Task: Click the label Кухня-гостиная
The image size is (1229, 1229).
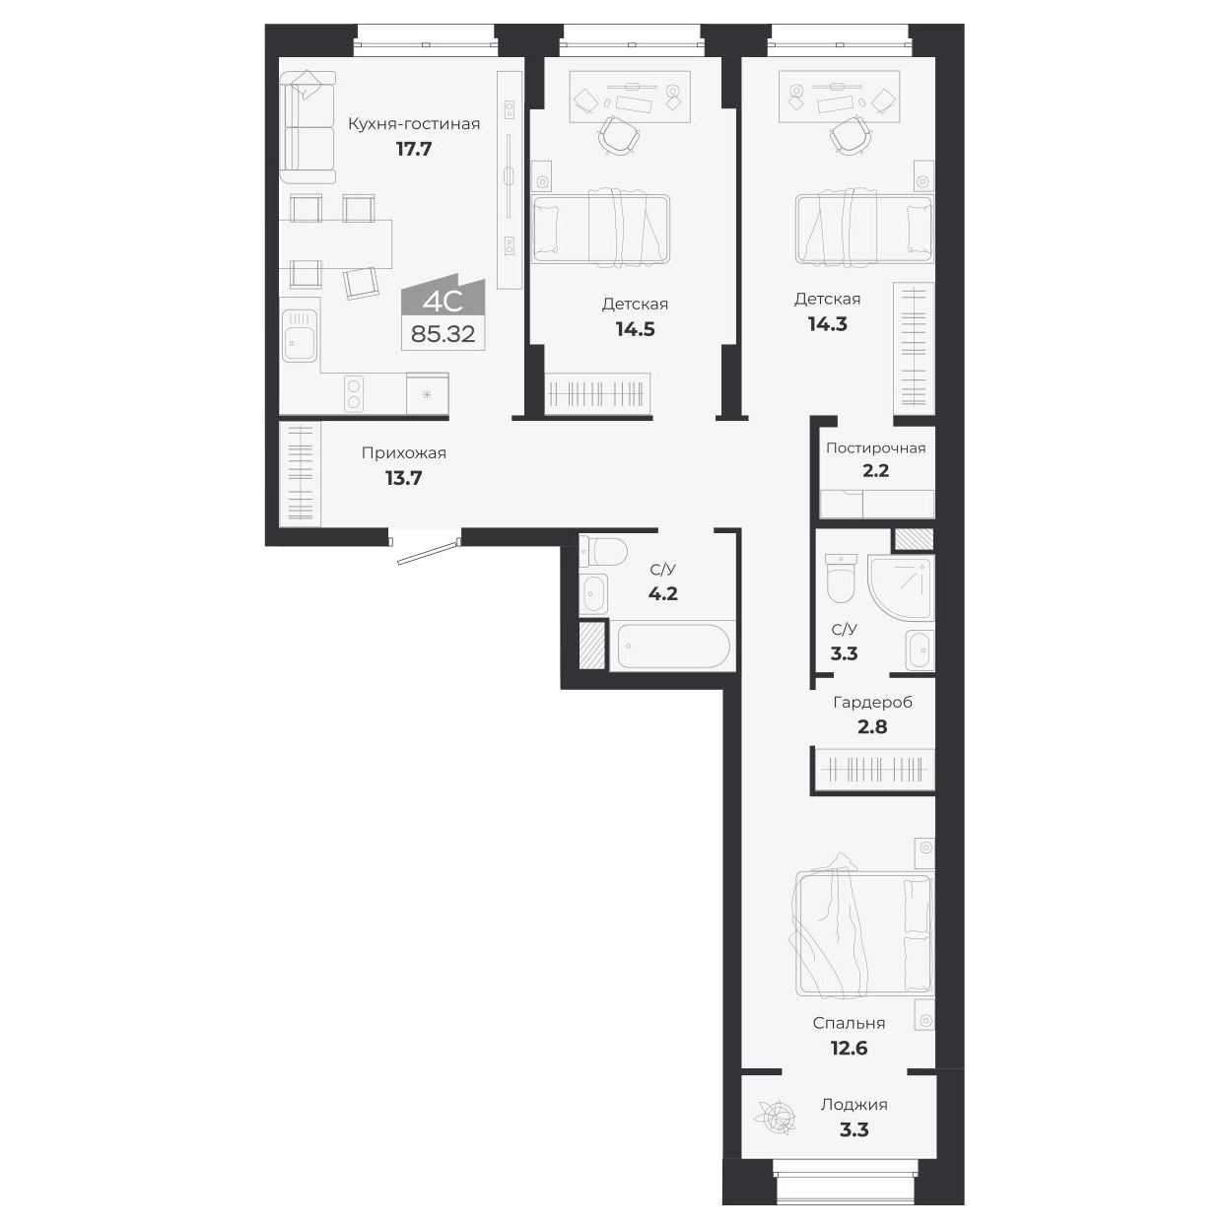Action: pos(413,124)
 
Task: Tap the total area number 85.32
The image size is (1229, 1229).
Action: pos(443,334)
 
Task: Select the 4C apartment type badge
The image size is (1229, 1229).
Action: pos(443,298)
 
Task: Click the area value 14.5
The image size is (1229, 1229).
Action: pos(635,329)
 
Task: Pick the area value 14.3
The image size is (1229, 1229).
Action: pos(827,323)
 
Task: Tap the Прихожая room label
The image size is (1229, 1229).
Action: pos(403,453)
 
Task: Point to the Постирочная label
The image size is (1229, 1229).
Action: pos(875,448)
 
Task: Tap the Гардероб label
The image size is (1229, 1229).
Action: pos(872,703)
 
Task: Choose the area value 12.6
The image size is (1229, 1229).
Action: pos(848,1048)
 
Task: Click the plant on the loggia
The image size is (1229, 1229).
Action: pos(774,1118)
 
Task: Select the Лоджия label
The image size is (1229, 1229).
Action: pos(853,1105)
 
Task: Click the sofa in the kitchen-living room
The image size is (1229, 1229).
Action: pos(307,127)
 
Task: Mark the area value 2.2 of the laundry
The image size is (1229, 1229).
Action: pos(875,471)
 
